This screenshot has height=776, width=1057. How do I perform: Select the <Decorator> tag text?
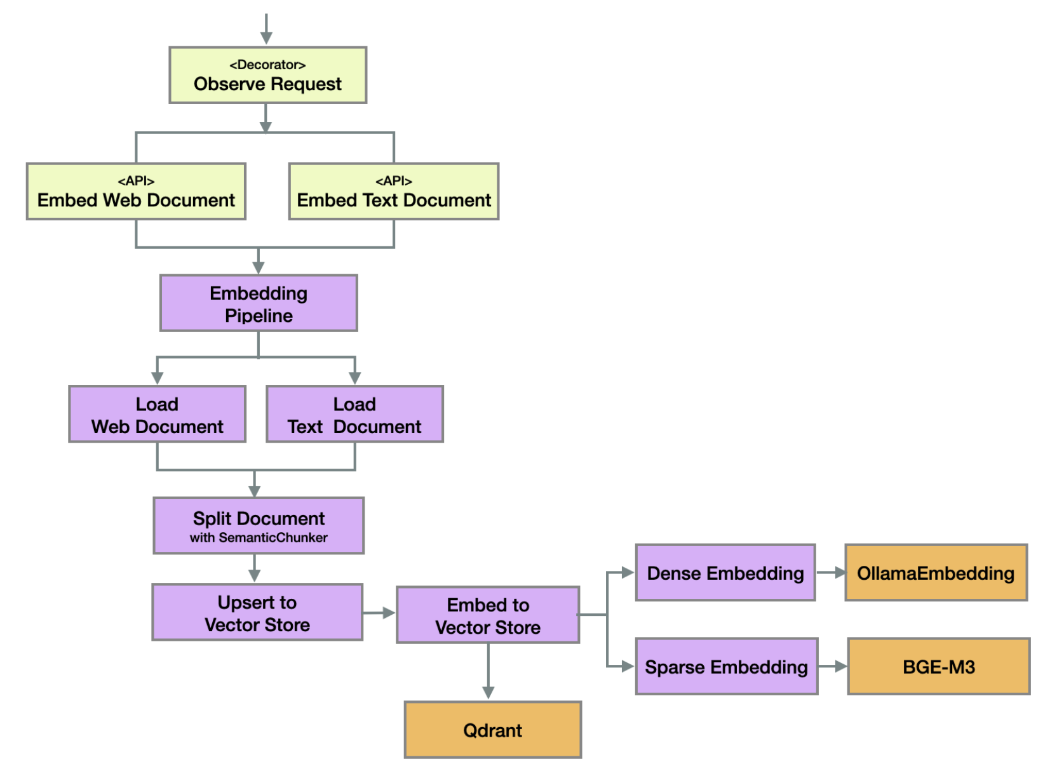(x=267, y=65)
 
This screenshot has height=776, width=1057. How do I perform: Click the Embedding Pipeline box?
(x=259, y=304)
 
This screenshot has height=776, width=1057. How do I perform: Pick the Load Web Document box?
(x=157, y=415)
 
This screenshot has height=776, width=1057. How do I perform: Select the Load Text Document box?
(x=354, y=415)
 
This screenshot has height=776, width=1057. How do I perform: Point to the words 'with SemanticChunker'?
(x=259, y=538)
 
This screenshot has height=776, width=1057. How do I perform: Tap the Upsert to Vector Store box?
(x=257, y=613)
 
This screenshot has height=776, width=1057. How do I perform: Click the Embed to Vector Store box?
(x=488, y=615)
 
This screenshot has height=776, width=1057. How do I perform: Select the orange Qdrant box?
(x=493, y=730)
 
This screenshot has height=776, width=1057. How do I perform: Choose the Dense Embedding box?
(x=725, y=573)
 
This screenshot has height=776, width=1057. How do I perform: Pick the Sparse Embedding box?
(x=727, y=667)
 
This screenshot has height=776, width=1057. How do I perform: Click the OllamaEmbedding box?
(x=936, y=573)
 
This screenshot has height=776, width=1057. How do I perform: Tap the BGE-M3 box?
(x=939, y=667)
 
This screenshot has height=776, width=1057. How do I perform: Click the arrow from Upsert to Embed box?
(x=379, y=613)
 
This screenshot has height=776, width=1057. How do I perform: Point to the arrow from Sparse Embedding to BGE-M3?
(x=833, y=667)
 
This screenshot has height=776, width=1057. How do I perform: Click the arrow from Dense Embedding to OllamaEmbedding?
(x=830, y=573)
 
